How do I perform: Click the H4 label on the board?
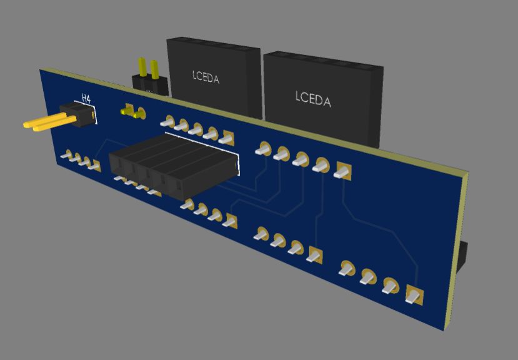86,98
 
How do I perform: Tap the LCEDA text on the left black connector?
206,77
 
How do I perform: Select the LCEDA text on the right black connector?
312,98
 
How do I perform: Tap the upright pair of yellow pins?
148,68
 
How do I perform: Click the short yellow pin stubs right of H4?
131,112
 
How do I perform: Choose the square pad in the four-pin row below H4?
95,166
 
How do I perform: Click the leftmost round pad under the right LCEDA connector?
263,149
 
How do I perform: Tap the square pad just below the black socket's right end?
231,220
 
